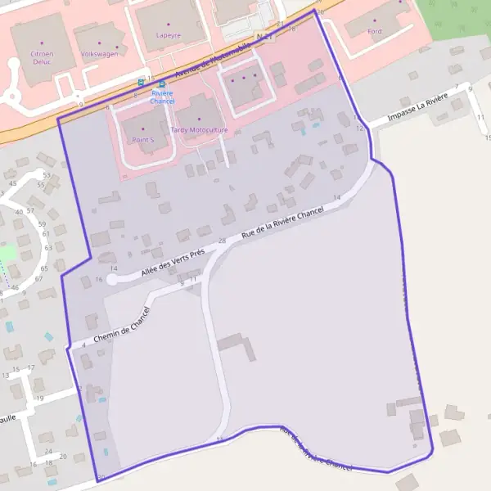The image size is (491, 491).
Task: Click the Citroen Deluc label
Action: (x=42, y=56)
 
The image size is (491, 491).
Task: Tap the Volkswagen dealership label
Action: (x=99, y=54)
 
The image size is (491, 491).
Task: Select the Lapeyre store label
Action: (x=169, y=36)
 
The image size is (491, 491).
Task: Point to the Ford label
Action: (x=375, y=31)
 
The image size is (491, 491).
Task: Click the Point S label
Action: (x=142, y=140)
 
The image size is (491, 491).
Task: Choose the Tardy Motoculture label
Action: (x=198, y=130)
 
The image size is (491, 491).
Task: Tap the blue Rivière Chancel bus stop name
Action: (x=162, y=97)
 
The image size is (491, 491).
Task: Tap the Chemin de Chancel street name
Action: (x=123, y=327)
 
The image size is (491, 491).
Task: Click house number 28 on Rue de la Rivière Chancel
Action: (x=222, y=241)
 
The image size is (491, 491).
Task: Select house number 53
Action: (x=47, y=175)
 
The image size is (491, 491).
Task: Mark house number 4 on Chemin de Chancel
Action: (x=84, y=345)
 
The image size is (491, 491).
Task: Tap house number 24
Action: (x=49, y=451)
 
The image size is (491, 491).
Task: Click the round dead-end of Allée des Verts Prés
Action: (x=112, y=279)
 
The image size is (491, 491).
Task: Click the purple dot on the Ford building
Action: (x=375, y=20)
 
